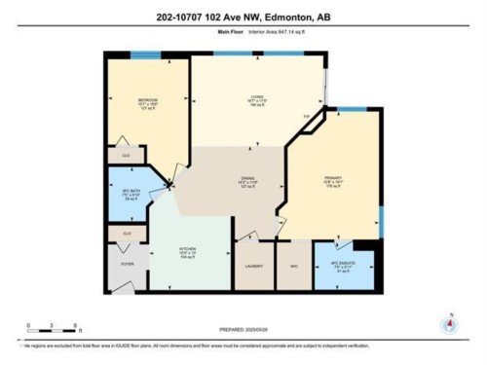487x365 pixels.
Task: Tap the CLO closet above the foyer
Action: coord(127,235)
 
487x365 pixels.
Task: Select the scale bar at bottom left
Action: coord(54,325)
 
